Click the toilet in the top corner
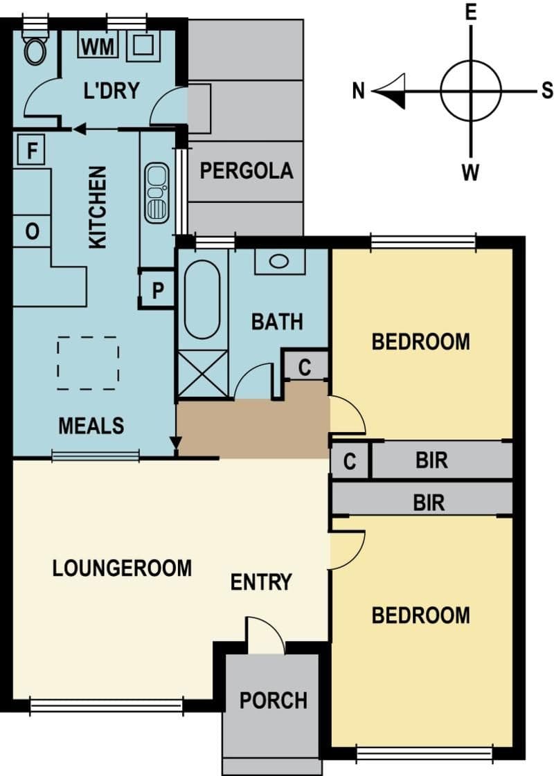[35, 47]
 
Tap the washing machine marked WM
[98, 46]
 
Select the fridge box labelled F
[31, 150]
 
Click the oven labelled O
[32, 231]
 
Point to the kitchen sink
[157, 192]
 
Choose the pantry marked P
[157, 289]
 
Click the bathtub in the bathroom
[202, 300]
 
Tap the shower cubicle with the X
[203, 374]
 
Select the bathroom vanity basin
[280, 261]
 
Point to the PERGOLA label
[246, 171]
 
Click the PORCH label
[274, 701]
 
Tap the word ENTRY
[261, 582]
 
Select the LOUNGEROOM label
[122, 568]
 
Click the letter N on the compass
[359, 91]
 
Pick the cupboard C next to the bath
[305, 367]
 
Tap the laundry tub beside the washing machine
[143, 46]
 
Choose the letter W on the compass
[470, 173]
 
